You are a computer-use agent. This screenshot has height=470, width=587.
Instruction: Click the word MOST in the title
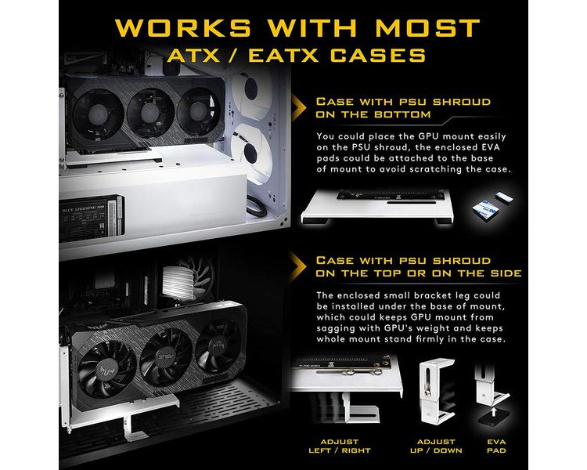[x=427, y=27]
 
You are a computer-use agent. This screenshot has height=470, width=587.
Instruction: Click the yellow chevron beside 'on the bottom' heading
[x=298, y=108]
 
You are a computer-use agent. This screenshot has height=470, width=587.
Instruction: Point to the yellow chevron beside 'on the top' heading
[x=298, y=266]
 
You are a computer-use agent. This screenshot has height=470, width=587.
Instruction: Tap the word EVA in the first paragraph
[x=491, y=147]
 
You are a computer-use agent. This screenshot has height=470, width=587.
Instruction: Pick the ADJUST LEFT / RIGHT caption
[x=340, y=446]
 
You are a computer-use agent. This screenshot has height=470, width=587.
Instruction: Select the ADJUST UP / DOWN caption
[x=436, y=446]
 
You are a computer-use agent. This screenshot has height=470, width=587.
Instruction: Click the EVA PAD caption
[x=496, y=446]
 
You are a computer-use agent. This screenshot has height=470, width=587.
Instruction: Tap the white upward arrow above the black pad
[x=494, y=412]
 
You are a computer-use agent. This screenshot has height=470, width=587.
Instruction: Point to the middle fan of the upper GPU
[x=150, y=113]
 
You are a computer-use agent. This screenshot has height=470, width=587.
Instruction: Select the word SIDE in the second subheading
[x=506, y=273]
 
